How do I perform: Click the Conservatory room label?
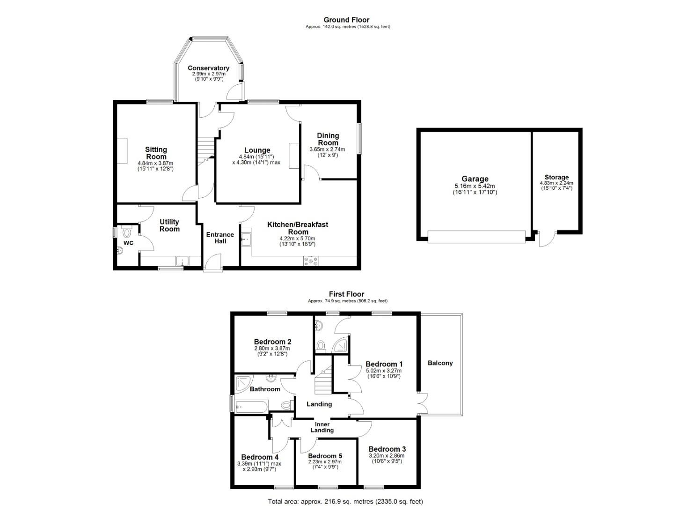[208, 68]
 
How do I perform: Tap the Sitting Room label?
[156, 153]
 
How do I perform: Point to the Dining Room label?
[328, 139]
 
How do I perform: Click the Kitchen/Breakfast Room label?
[298, 228]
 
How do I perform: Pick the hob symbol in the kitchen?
[311, 261]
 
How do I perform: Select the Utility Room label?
[169, 225]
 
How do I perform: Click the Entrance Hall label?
[220, 238]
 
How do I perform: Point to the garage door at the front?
[476, 237]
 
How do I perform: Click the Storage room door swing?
[546, 239]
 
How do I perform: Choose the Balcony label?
[440, 363]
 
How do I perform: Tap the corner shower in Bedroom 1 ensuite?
[342, 345]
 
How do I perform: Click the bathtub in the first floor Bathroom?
[251, 406]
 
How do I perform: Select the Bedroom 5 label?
[325, 456]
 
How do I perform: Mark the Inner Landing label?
[322, 427]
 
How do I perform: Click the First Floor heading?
[346, 294]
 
